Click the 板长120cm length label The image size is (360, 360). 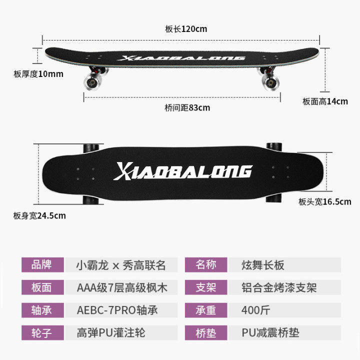[x=186, y=29]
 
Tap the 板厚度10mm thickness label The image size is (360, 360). [x=38, y=74]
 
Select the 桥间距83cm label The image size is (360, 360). [x=187, y=107]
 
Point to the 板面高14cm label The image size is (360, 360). [x=325, y=101]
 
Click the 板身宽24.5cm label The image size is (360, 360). [x=39, y=216]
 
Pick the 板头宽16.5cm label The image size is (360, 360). [x=325, y=202]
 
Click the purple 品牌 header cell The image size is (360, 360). [x=42, y=265]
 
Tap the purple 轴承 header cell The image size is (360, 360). [x=42, y=310]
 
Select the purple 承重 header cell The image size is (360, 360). [x=206, y=310]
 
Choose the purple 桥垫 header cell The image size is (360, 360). [x=206, y=332]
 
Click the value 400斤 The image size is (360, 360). [x=255, y=310]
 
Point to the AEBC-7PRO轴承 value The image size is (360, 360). [x=117, y=310]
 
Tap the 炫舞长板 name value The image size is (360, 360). [x=262, y=265]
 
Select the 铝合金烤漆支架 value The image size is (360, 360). [x=279, y=287]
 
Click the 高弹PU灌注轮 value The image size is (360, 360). [x=111, y=332]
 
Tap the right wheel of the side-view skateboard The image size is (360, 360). [x=270, y=81]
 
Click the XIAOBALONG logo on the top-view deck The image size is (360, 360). [x=183, y=171]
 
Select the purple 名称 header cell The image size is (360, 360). [x=206, y=265]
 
